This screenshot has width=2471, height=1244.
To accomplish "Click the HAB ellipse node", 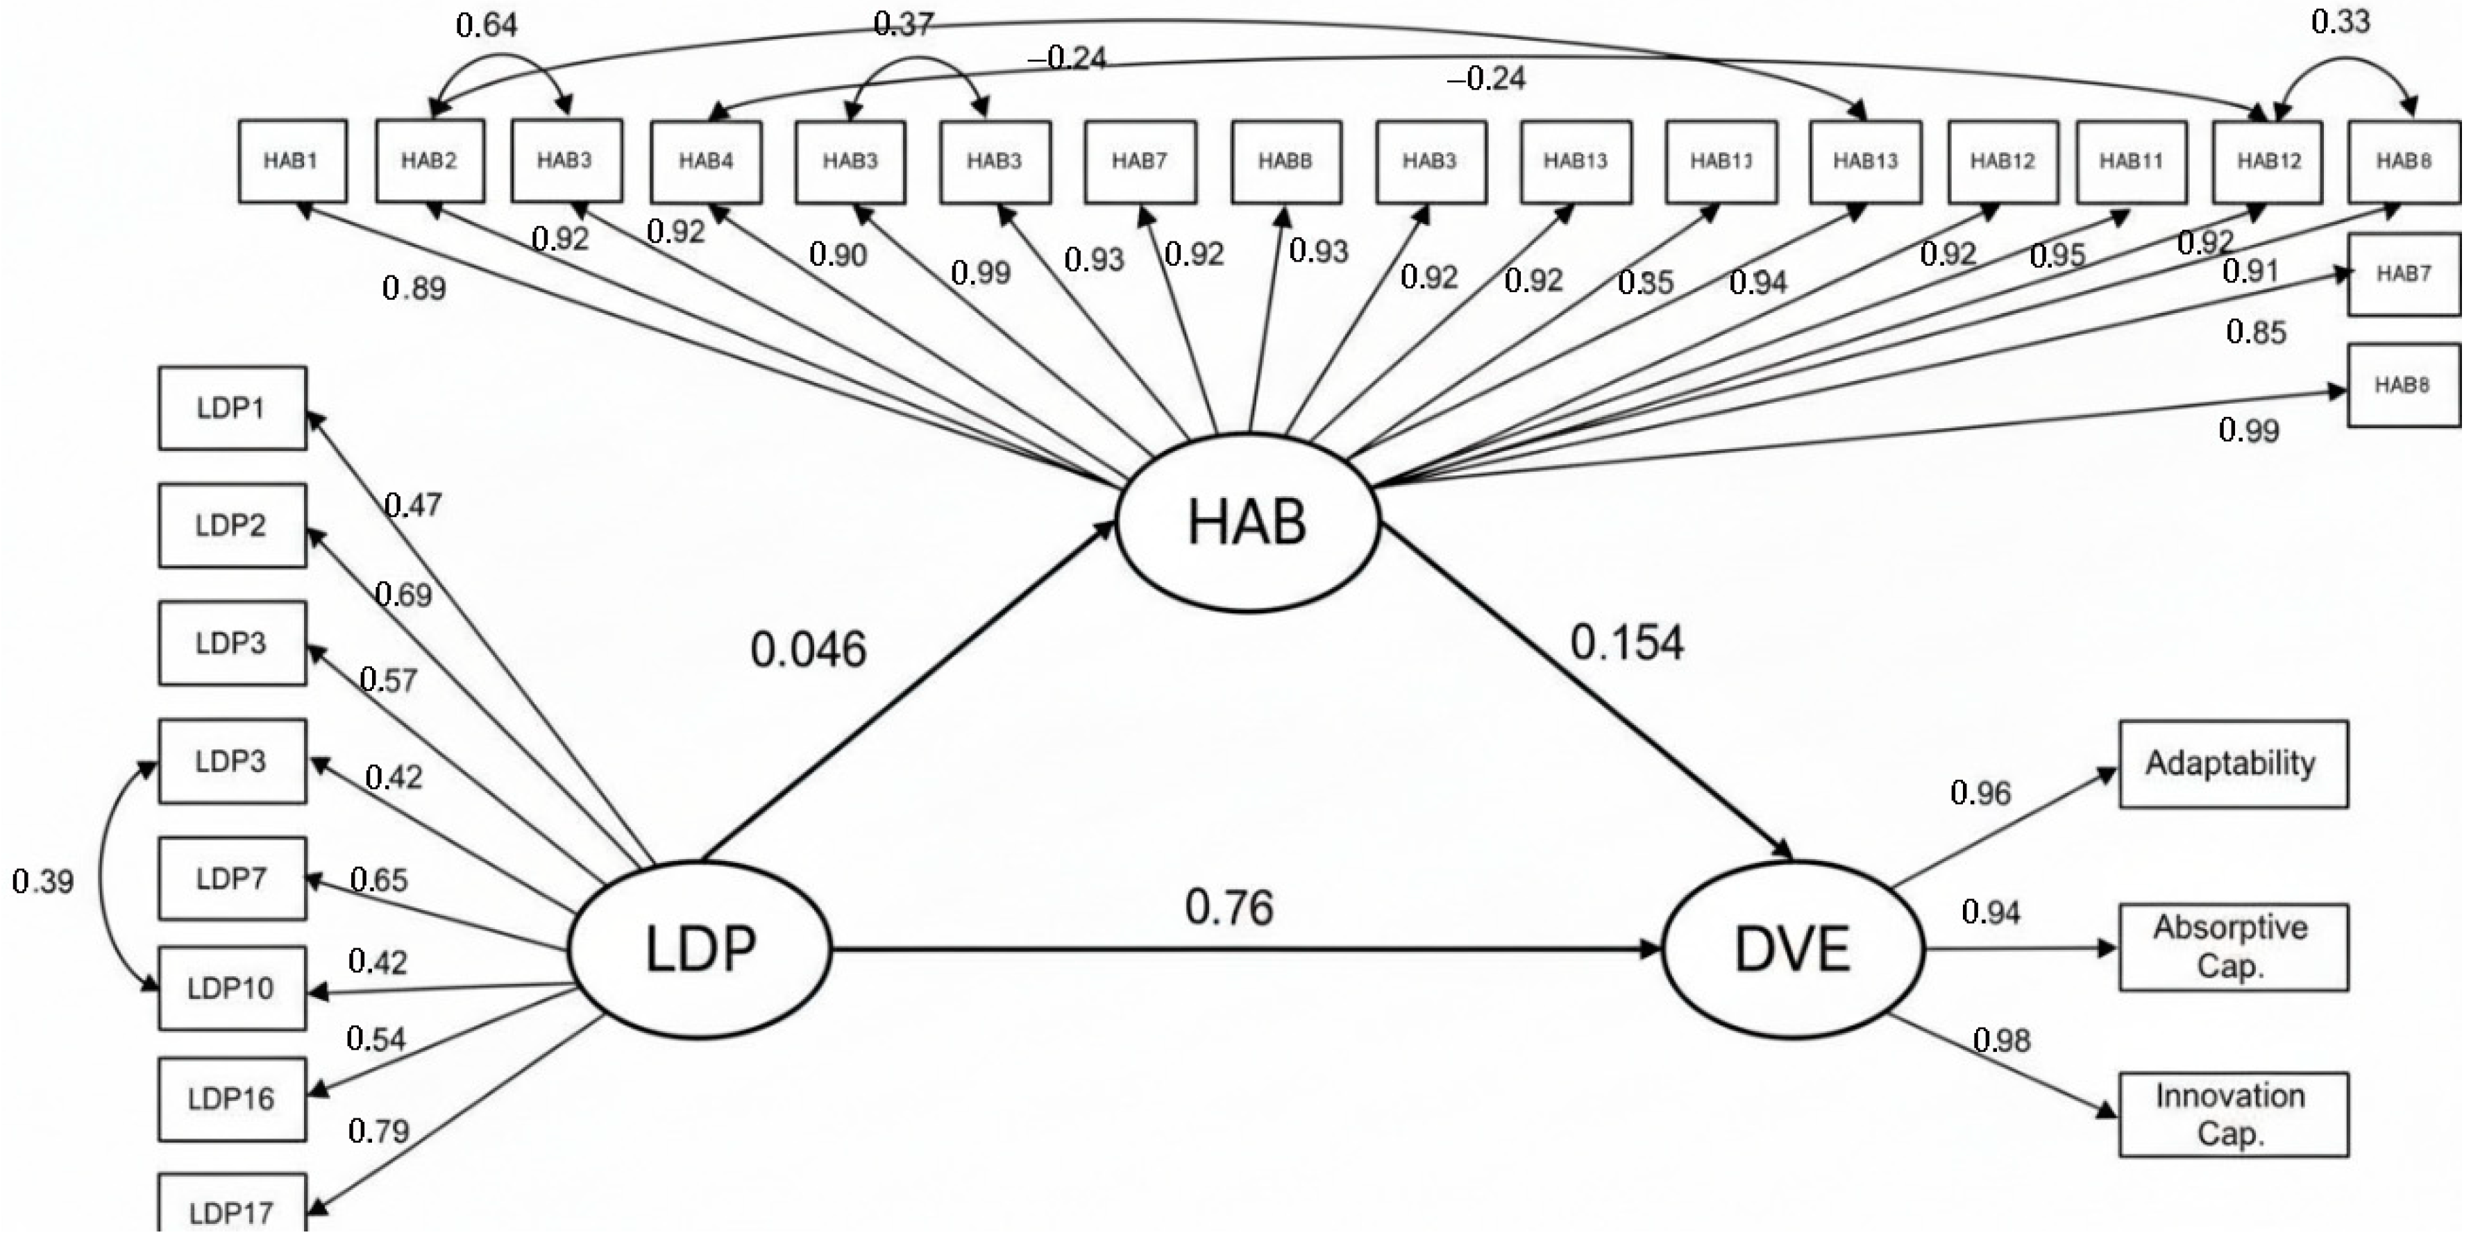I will pyautogui.click(x=1247, y=522).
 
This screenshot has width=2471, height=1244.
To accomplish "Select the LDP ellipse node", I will pyautogui.click(x=700, y=950).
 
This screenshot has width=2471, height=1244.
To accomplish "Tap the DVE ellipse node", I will pyautogui.click(x=1792, y=950).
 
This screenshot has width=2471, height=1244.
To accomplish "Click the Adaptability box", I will pyautogui.click(x=2232, y=763).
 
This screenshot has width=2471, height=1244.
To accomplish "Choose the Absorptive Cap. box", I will pyautogui.click(x=2232, y=946).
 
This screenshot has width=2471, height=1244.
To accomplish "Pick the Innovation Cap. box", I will pyautogui.click(x=2232, y=1114).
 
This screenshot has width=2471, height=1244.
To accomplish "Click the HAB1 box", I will pyautogui.click(x=292, y=161).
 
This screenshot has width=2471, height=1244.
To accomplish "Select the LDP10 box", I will pyautogui.click(x=232, y=988).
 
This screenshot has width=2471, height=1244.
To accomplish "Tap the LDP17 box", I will pyautogui.click(x=232, y=1212).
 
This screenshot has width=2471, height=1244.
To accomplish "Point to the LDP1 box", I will pyautogui.click(x=232, y=408).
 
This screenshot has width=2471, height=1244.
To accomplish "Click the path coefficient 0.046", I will pyautogui.click(x=809, y=649).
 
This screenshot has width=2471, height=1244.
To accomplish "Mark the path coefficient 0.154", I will pyautogui.click(x=1627, y=642).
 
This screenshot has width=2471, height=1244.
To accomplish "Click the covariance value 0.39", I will pyautogui.click(x=43, y=880).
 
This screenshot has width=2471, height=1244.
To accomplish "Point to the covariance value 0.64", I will pyautogui.click(x=487, y=25).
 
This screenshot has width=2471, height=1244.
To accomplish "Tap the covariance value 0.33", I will pyautogui.click(x=2341, y=21).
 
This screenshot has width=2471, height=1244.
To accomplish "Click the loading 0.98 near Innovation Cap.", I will pyautogui.click(x=2002, y=1040).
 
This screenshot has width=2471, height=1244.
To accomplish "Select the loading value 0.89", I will pyautogui.click(x=414, y=288).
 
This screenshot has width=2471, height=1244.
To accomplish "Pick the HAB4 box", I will pyautogui.click(x=706, y=161).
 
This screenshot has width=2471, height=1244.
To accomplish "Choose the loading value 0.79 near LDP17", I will pyautogui.click(x=379, y=1132).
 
